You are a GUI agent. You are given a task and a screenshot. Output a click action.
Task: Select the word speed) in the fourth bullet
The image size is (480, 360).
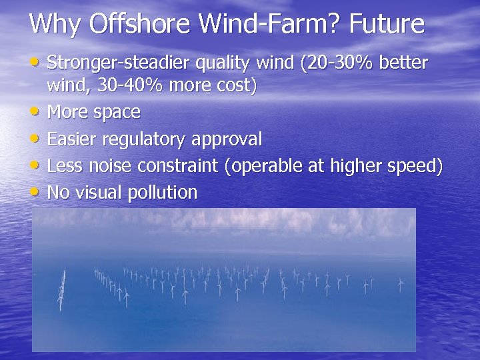tap(413, 167)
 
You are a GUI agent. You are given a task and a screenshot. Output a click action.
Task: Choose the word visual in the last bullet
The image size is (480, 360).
tap(95, 193)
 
